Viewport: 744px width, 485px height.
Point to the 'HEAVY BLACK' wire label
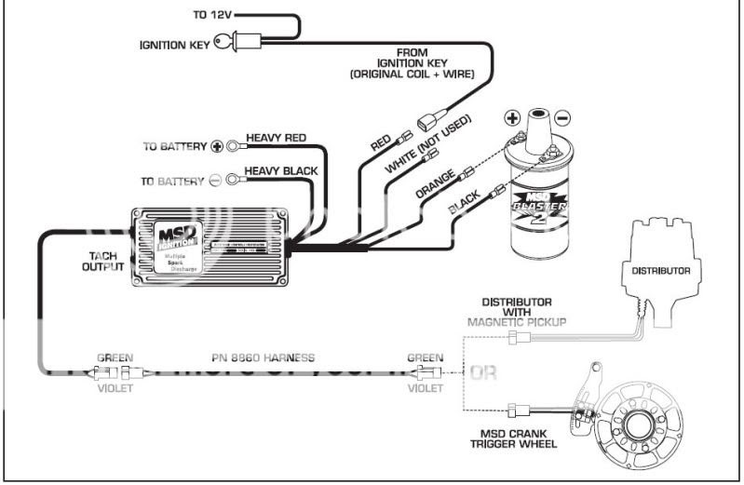coord(281,171)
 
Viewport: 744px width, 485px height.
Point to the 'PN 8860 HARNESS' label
coord(264,357)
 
